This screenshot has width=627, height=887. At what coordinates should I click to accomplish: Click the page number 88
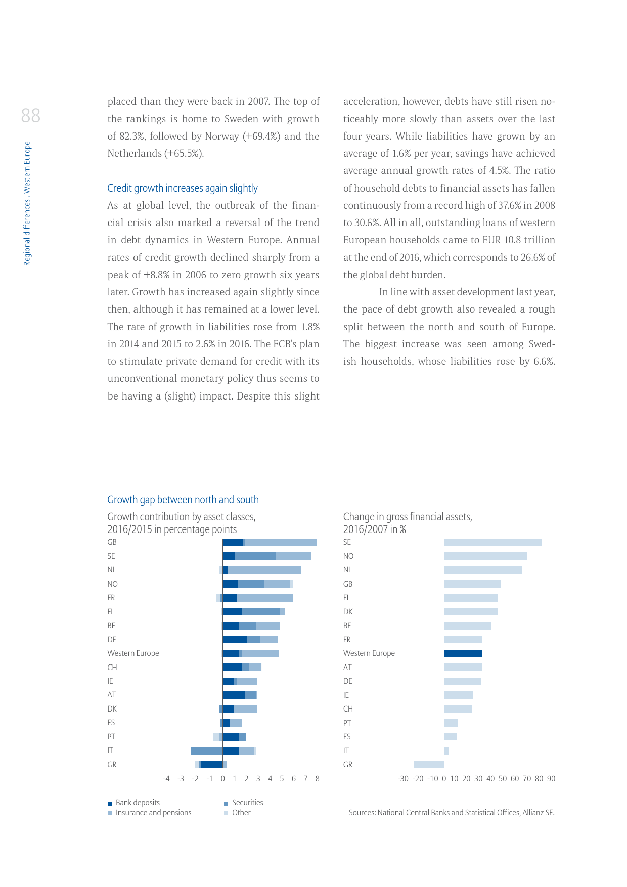pyautogui.click(x=30, y=116)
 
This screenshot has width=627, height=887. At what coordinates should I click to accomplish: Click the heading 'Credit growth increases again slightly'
pyautogui.click(x=182, y=188)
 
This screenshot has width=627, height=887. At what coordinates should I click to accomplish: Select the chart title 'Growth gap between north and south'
pyautogui.click(x=183, y=500)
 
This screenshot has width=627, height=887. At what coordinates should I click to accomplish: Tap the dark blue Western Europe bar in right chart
pyautogui.click(x=463, y=653)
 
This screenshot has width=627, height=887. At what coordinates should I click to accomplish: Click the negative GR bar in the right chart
pyautogui.click(x=428, y=765)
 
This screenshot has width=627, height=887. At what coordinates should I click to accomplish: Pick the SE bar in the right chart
pyautogui.click(x=492, y=542)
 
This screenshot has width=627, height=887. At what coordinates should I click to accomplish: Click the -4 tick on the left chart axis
pyautogui.click(x=166, y=779)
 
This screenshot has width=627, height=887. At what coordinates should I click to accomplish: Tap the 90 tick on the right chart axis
pyautogui.click(x=551, y=779)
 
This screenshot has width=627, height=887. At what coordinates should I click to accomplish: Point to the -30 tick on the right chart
pyautogui.click(x=402, y=779)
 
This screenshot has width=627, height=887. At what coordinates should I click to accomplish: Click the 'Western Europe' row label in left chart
pyautogui.click(x=133, y=653)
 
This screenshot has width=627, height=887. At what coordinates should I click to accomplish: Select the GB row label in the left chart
pyautogui.click(x=112, y=542)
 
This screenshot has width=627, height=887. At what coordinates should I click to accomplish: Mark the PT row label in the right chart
pyautogui.click(x=347, y=723)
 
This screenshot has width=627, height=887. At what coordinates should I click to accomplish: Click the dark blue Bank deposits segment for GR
pyautogui.click(x=212, y=765)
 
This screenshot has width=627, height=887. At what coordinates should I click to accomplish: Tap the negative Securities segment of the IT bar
pyautogui.click(x=206, y=750)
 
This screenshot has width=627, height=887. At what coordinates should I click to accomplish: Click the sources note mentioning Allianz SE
pyautogui.click(x=451, y=813)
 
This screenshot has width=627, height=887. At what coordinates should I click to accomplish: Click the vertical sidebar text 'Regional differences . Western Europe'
pyautogui.click(x=27, y=203)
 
